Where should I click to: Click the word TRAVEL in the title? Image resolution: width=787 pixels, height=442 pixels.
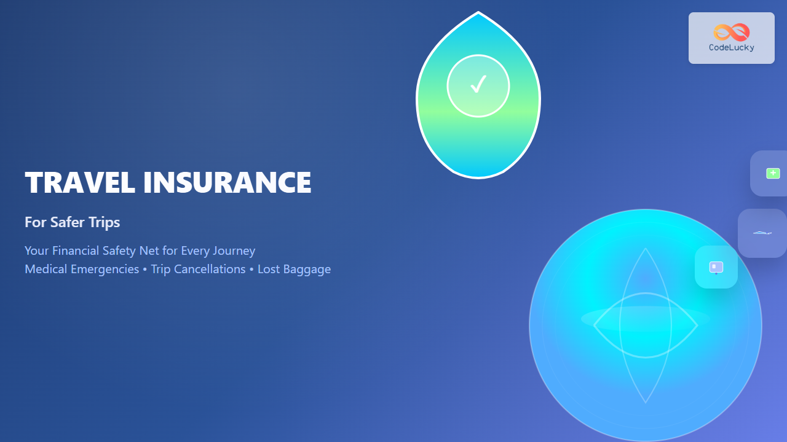[x=80, y=182]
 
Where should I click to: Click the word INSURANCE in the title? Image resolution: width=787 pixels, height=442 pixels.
[x=227, y=182]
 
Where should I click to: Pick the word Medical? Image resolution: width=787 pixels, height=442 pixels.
[x=45, y=269]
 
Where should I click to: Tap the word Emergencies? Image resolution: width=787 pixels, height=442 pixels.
[x=105, y=269]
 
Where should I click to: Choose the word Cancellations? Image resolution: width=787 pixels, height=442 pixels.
[x=210, y=269]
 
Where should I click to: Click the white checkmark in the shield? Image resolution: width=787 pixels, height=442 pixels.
[x=478, y=84]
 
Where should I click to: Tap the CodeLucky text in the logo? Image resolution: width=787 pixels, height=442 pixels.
[x=732, y=47]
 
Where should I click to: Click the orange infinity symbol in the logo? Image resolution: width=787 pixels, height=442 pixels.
[x=732, y=33]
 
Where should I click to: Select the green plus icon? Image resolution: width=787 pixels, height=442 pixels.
[x=773, y=173]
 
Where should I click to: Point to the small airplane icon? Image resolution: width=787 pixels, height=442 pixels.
[x=762, y=233]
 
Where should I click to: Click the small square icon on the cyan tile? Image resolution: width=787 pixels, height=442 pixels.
[x=716, y=267]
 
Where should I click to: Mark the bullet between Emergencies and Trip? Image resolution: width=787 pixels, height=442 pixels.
[x=144, y=269]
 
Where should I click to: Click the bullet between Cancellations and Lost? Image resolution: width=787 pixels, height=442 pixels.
[x=251, y=269]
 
